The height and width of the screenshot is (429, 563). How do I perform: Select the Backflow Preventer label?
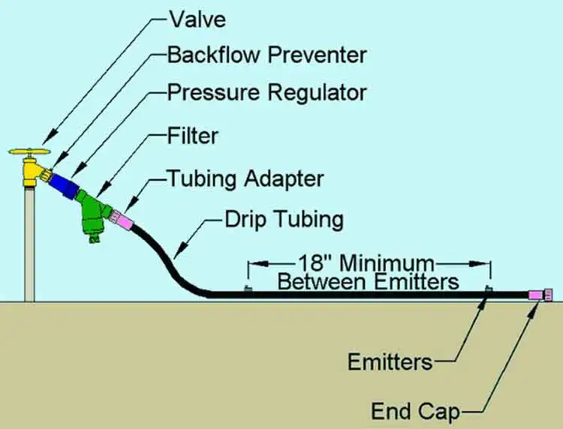(x=266, y=55)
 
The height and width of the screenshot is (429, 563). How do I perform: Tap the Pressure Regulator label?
(x=266, y=93)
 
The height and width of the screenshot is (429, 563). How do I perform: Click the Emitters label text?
(x=390, y=361)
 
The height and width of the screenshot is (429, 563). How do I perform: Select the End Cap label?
(x=415, y=411)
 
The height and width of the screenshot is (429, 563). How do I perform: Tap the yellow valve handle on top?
(x=31, y=151)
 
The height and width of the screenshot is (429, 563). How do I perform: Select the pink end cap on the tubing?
(x=541, y=295)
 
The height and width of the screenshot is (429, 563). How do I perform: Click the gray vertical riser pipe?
(x=30, y=240)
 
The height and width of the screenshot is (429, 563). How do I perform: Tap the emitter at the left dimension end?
(x=248, y=289)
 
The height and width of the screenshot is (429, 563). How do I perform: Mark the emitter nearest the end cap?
(x=489, y=289)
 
